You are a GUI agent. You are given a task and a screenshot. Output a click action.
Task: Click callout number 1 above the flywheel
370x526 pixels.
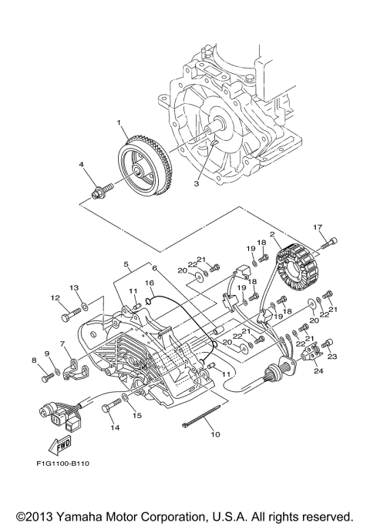119,122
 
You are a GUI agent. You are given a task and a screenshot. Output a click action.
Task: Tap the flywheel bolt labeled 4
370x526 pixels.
101,189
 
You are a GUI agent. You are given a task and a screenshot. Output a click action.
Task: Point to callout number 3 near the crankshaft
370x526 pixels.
197,184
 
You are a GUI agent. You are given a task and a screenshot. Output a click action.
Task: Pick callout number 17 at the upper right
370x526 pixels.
317,226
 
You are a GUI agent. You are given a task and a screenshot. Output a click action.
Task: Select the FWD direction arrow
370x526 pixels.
59,446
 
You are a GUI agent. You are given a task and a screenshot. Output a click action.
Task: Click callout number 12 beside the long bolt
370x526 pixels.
55,297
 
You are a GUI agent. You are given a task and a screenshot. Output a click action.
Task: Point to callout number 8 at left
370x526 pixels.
33,360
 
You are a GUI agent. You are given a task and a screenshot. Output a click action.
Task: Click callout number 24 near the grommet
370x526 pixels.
318,370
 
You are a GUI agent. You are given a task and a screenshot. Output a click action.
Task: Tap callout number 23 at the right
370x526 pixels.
333,356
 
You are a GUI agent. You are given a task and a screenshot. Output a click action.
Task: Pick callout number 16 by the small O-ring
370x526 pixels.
151,284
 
